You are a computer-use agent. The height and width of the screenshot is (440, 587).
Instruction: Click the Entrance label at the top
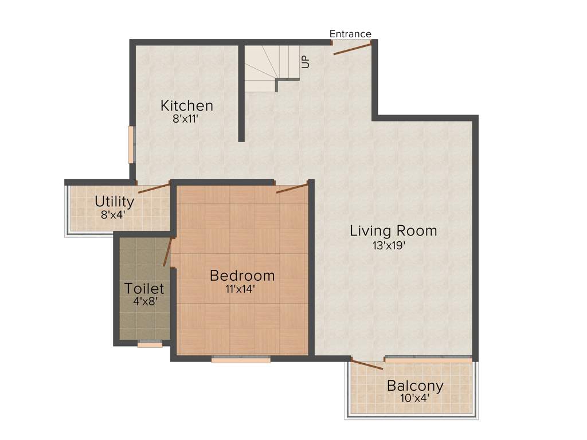point(350,34)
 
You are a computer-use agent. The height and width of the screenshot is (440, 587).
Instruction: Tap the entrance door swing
point(352,48)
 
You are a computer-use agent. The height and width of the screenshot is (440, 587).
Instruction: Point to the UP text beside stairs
point(306,61)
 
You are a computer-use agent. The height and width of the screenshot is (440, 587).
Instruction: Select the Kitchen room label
point(187,106)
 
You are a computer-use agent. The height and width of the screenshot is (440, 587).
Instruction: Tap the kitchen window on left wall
point(131,144)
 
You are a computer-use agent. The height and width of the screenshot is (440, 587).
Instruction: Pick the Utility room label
point(115,202)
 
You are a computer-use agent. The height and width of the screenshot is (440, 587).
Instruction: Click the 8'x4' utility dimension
point(112,215)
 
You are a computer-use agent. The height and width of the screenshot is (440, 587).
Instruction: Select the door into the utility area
point(154,187)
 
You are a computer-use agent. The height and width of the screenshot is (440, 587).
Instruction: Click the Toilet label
point(144,289)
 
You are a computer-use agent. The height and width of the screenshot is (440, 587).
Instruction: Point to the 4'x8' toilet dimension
point(145,301)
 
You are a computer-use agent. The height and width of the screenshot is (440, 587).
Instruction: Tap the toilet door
point(168,252)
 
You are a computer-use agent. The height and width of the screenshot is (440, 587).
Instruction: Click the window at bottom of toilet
point(150,344)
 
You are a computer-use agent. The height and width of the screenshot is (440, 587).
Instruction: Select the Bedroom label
point(242,276)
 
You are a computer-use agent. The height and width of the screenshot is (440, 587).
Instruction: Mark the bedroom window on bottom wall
point(241,359)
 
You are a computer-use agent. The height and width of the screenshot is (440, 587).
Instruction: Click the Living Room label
point(393,231)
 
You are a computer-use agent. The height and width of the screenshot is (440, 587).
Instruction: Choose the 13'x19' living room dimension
point(392,245)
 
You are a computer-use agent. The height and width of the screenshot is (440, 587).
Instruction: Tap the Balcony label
point(414,385)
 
